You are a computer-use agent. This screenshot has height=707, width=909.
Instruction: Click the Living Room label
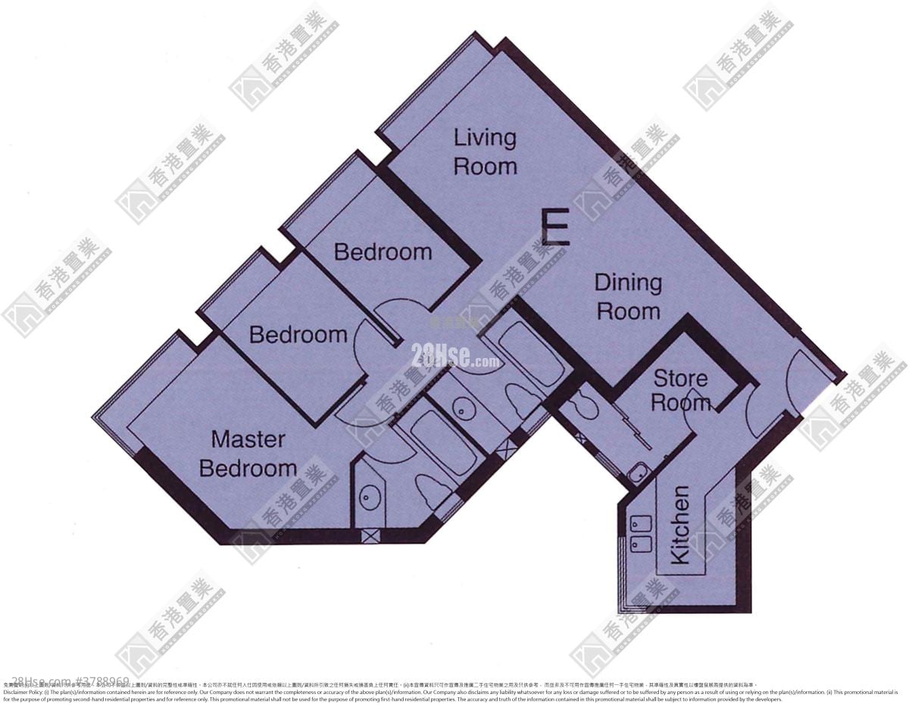click(485, 152)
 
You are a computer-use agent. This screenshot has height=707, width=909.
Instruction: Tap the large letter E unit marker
click(555, 227)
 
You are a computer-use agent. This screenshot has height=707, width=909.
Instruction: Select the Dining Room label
click(628, 297)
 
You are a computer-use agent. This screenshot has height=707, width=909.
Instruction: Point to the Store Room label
click(680, 391)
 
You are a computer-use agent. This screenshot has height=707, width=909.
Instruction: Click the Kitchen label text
click(680, 525)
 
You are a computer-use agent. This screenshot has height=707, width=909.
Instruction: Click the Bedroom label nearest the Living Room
click(383, 251)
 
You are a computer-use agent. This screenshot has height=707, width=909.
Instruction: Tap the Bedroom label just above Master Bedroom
click(298, 334)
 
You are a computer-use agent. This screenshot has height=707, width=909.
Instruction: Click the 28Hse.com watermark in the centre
click(454, 355)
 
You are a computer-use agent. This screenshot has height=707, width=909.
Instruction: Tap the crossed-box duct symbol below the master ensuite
click(370, 535)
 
